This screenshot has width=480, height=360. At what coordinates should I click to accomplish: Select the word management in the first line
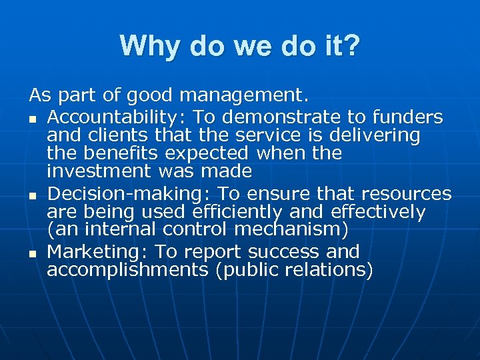coord(244,96)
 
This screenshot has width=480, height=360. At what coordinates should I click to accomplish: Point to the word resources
coord(406,194)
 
